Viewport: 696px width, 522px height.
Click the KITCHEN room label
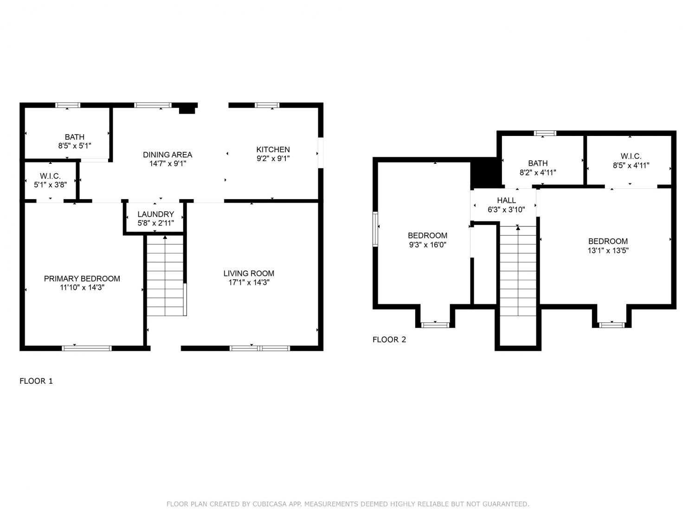273,149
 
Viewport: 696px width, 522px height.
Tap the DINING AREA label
168,155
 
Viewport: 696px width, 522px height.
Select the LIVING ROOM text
249,273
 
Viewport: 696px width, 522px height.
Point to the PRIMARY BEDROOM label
82,278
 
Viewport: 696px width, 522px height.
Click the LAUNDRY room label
156,214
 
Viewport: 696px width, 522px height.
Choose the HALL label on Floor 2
506,200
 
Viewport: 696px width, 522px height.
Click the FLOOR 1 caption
36,381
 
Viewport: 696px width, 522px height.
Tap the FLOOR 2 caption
389,340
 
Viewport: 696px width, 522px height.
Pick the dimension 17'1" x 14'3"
249,282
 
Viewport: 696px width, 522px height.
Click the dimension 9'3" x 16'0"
427,245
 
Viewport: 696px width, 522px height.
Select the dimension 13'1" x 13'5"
608,251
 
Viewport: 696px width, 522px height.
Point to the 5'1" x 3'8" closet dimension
51,185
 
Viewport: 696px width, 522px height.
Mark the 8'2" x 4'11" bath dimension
537,173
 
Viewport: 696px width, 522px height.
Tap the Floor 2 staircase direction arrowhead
518,227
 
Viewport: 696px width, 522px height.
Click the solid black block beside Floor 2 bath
485,173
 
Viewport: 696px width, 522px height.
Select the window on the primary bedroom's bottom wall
87,348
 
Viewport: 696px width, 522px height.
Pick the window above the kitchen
267,105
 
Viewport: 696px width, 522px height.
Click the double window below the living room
259,348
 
